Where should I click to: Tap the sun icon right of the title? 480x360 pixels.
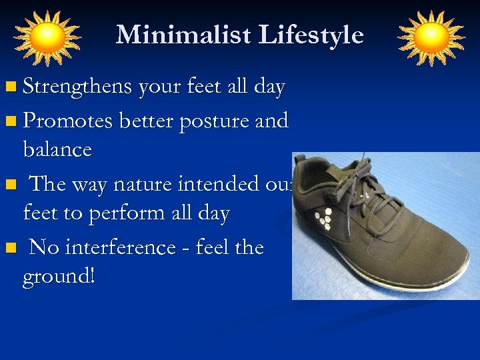coord(431,37)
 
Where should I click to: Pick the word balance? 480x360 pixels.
coord(57,149)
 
